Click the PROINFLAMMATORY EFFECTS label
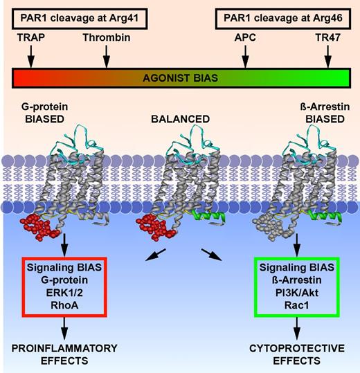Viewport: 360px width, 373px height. pos(63,353)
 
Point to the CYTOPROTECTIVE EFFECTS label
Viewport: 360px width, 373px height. pos(297,353)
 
